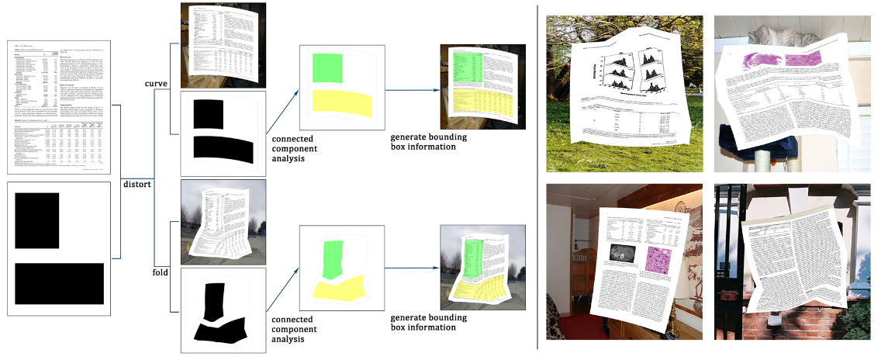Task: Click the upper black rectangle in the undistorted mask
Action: click(x=37, y=220)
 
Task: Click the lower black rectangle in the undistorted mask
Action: click(x=59, y=284)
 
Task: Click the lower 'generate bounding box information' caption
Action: click(x=423, y=322)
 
